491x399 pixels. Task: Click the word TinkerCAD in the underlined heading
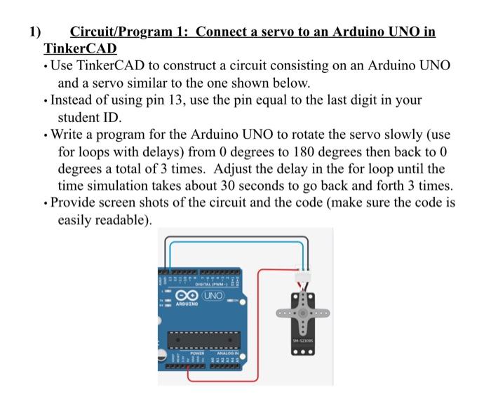(x=80, y=49)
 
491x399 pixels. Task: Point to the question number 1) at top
(x=34, y=32)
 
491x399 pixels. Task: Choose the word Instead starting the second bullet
(x=77, y=100)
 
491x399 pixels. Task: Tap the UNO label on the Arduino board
(x=213, y=295)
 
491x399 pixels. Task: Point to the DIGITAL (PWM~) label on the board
(x=210, y=283)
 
